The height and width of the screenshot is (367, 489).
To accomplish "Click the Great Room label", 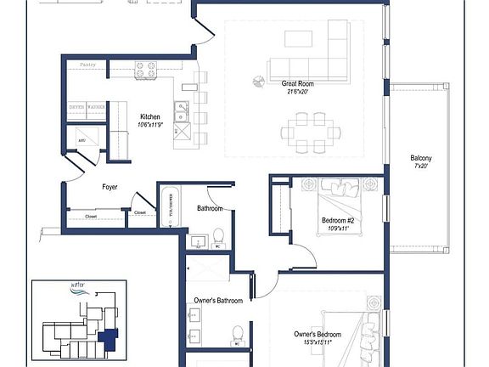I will (298, 83).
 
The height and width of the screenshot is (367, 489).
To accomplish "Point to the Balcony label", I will (421, 158).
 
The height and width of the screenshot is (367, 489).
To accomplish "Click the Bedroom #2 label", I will (339, 220).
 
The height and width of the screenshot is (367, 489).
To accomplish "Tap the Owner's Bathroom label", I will (218, 301).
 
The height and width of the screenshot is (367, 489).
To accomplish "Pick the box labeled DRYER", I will (76, 108).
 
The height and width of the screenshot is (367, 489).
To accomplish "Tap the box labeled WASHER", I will (96, 108).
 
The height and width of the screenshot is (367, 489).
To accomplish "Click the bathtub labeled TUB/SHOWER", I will (167, 204).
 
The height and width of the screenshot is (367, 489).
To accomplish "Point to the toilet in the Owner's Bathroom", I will (238, 332).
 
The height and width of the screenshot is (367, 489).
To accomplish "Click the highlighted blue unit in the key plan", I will (108, 339).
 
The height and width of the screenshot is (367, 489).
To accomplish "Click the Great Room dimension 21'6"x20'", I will (298, 92).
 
